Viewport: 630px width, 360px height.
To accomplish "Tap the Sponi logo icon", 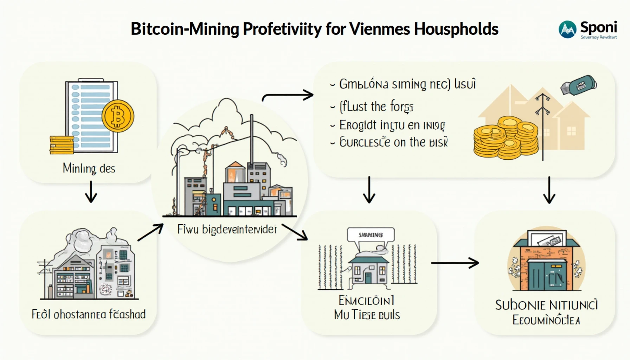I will [x=567, y=30].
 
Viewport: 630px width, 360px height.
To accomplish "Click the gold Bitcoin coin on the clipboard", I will [x=118, y=116].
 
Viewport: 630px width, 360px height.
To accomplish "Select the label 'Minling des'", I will [x=89, y=168].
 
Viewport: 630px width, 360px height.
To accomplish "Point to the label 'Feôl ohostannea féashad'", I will [x=89, y=314].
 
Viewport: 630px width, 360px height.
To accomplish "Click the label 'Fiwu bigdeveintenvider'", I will [x=227, y=230].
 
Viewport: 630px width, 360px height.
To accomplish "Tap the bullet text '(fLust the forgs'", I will [x=376, y=107].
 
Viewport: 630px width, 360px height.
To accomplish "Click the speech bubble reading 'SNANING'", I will [x=371, y=235].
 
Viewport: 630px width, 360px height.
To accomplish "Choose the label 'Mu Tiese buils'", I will [x=367, y=315].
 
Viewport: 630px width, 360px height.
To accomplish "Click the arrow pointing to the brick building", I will [x=455, y=263].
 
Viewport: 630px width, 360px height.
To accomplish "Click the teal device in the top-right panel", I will [x=578, y=85].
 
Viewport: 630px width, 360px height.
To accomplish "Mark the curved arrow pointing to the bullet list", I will [x=288, y=96].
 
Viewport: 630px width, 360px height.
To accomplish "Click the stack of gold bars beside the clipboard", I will [x=62, y=145].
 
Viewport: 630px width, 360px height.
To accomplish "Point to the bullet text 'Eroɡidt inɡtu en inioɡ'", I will [x=392, y=125].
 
